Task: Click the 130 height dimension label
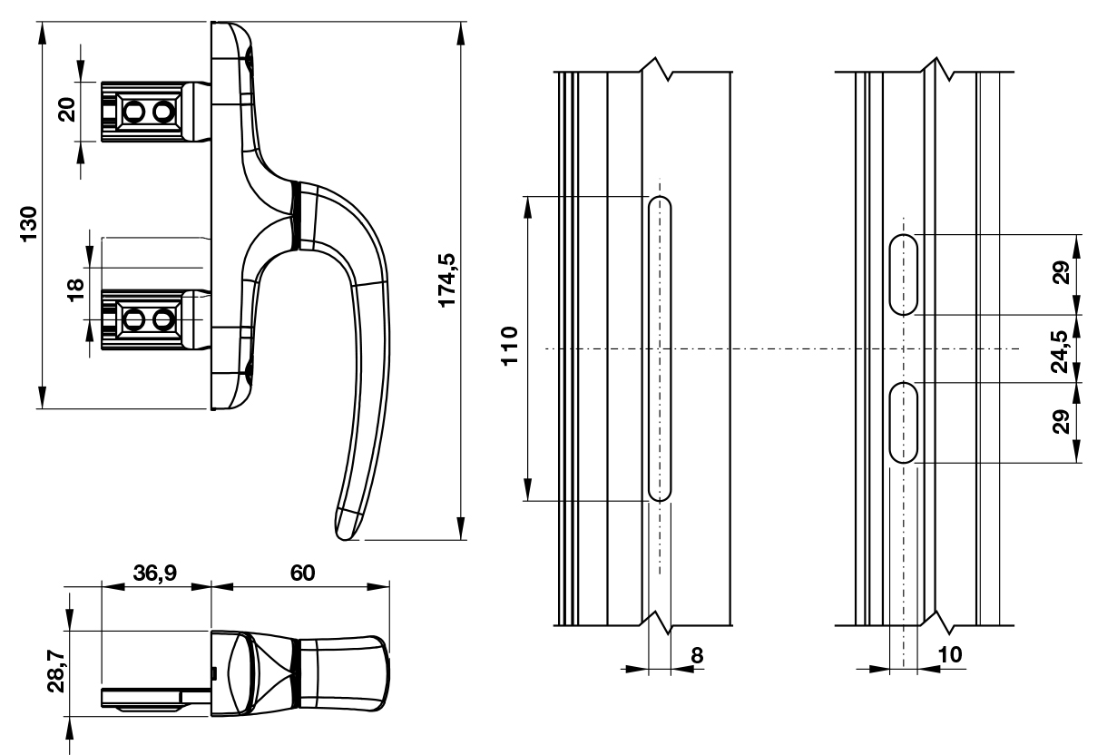click(29, 224)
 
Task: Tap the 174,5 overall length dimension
click(446, 280)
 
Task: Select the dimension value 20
click(67, 110)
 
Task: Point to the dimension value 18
click(75, 290)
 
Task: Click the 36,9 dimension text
click(154, 573)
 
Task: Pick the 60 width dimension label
click(302, 573)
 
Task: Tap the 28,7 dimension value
click(56, 672)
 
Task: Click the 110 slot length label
click(510, 346)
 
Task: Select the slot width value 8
click(697, 655)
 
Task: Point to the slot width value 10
click(950, 654)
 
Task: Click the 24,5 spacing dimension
click(1059, 351)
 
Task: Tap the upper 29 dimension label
click(1061, 272)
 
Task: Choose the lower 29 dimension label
click(1061, 421)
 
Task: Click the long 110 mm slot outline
click(660, 348)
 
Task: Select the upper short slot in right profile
click(904, 275)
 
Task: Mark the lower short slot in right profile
click(904, 423)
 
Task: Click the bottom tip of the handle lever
click(345, 539)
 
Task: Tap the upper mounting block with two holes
click(148, 112)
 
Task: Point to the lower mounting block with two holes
click(148, 319)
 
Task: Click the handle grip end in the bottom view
click(345, 675)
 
